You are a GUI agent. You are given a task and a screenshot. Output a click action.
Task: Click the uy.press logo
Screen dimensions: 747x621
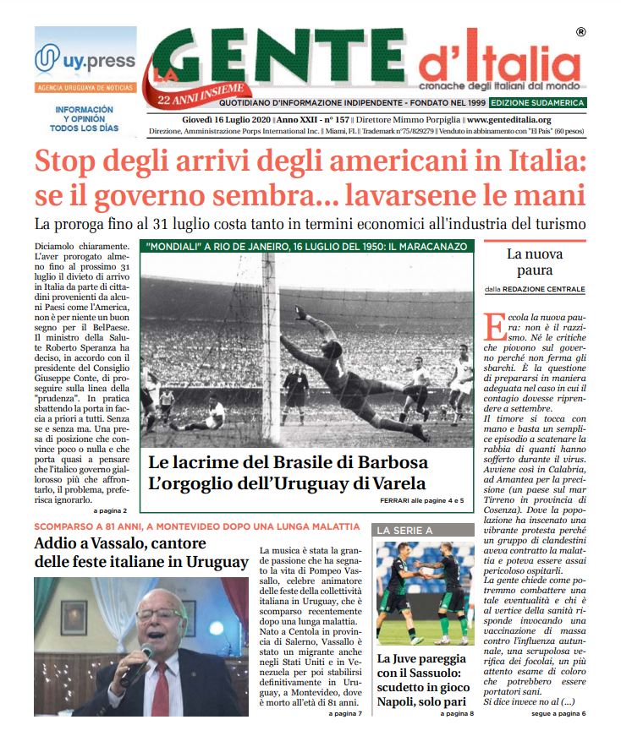85,60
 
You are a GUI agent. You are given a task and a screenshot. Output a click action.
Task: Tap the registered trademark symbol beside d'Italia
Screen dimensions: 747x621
580,33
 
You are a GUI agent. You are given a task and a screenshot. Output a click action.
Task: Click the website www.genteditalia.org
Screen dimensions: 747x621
509,120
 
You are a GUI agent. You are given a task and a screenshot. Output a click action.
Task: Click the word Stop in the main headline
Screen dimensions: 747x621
70,162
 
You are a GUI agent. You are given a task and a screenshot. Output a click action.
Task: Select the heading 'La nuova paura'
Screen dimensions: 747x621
530,262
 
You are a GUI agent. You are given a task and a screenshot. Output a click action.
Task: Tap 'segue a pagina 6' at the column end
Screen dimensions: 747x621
558,713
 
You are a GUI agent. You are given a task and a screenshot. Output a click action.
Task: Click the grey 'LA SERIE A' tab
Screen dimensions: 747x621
404,530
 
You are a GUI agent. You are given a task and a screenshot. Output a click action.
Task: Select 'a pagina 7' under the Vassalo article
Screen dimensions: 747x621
346,713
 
